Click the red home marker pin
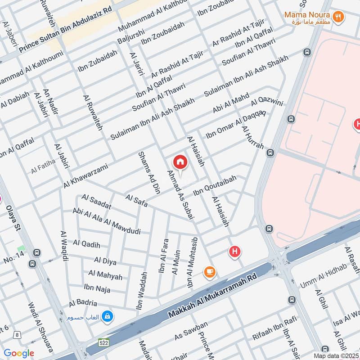(180, 162)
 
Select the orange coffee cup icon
(209, 271)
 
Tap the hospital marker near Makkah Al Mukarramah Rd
(234, 252)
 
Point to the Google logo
(19, 353)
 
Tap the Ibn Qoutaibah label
(215, 186)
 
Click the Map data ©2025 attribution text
(336, 355)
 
